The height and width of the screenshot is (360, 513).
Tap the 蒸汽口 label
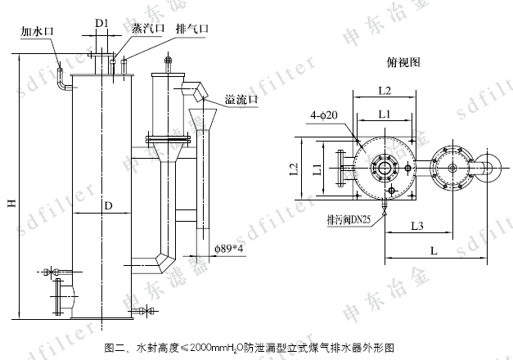148,27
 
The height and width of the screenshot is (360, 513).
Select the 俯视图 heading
402,61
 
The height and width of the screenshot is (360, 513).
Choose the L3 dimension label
416,225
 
